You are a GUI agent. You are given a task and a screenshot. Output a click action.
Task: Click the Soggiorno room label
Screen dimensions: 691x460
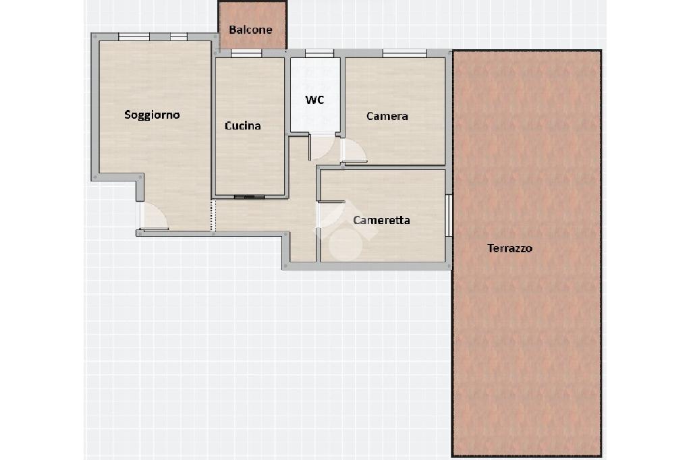pos(152,115)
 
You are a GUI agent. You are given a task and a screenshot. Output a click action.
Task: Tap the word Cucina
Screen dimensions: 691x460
pos(243,126)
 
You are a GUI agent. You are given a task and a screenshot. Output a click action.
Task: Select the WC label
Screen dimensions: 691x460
pos(314,100)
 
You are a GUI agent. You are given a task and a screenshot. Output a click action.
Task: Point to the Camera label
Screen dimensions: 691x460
pos(387,116)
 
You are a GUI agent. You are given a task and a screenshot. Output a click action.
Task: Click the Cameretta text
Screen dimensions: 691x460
pos(382,220)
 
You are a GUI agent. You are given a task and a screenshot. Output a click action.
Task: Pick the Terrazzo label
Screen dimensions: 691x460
pos(510,248)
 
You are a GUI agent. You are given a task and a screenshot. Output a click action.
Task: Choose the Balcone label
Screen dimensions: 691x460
pos(251,30)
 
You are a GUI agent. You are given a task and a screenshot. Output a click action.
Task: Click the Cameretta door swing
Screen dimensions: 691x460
pos(331,215)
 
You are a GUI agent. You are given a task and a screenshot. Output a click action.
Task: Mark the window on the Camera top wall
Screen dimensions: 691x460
pos(405,53)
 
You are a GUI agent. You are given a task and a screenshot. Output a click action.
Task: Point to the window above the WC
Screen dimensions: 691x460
pos(319,53)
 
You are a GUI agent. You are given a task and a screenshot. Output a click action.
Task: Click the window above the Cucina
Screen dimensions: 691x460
pos(246,53)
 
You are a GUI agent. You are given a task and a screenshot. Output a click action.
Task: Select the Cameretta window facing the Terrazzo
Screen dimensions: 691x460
pos(449,215)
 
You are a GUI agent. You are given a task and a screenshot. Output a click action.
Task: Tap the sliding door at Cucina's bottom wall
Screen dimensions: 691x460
pos(250,196)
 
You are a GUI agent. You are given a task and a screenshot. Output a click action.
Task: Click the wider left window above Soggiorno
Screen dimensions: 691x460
pos(134,36)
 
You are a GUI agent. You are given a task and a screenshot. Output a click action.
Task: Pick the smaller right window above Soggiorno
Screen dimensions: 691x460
pos(179,36)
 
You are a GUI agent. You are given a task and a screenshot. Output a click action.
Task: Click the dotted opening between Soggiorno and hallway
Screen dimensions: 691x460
pos(213,216)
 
